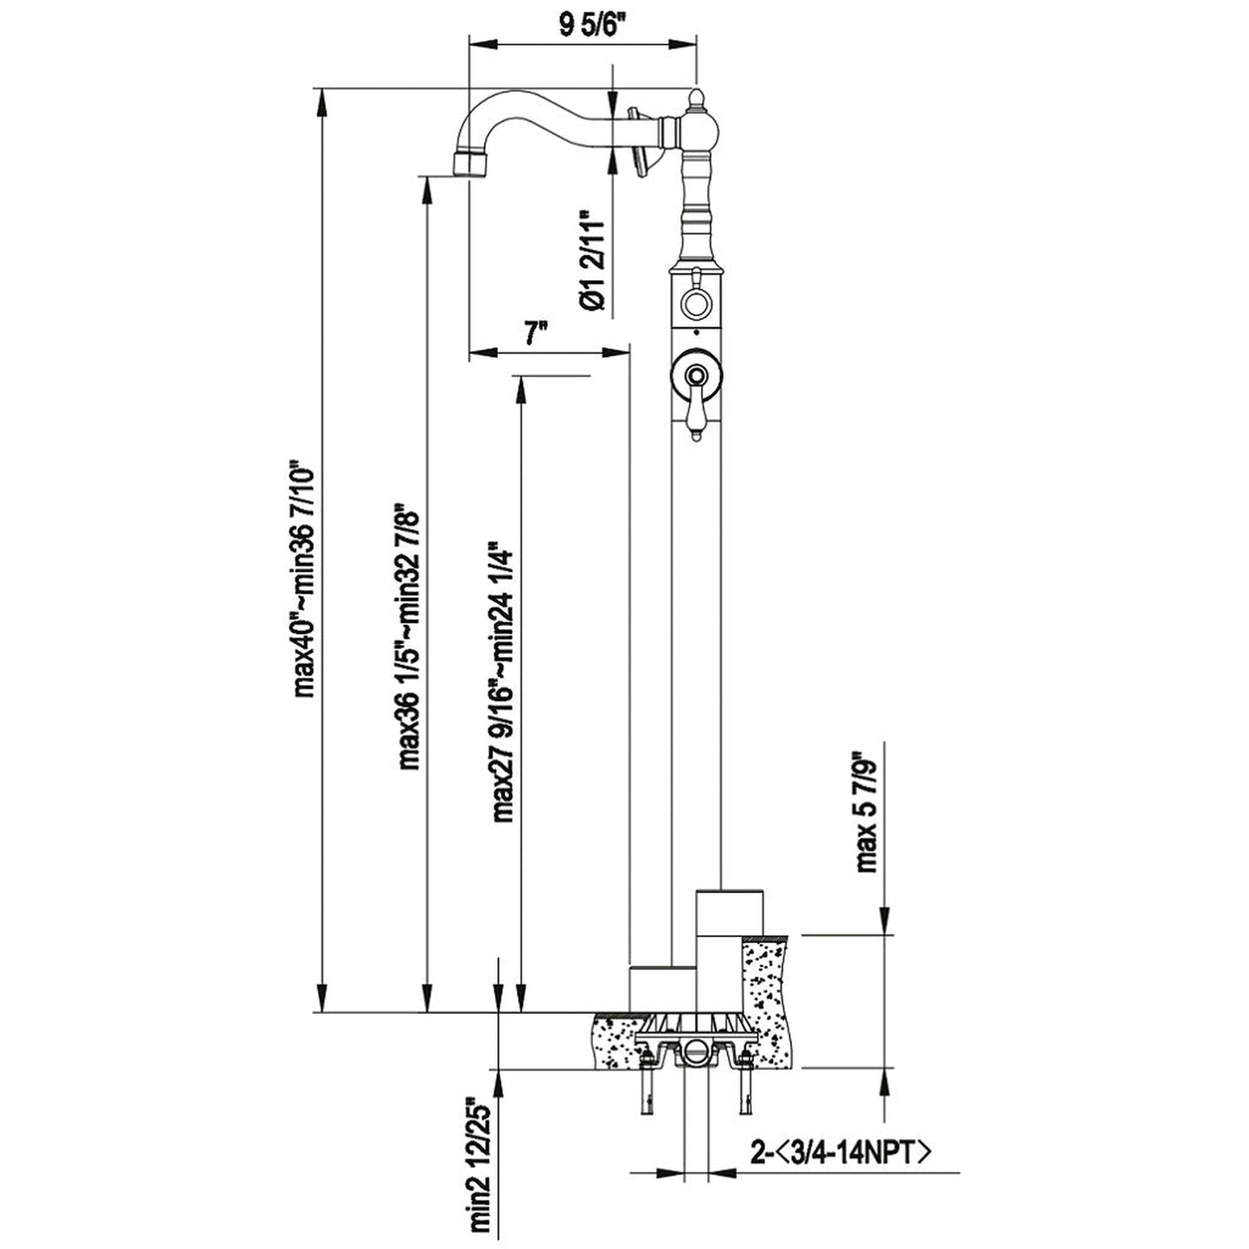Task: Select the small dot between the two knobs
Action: pyautogui.click(x=696, y=333)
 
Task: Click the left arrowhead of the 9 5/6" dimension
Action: pyautogui.click(x=483, y=44)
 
